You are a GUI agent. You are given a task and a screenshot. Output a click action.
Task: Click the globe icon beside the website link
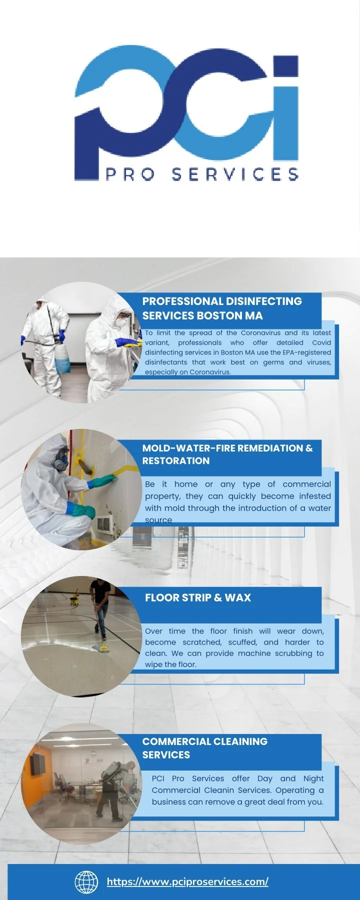(x=86, y=881)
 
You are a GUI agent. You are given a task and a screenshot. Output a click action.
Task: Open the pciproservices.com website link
(x=187, y=881)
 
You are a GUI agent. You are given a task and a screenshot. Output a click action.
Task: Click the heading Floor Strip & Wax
(x=198, y=597)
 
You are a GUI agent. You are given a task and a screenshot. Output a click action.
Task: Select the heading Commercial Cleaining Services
(x=205, y=748)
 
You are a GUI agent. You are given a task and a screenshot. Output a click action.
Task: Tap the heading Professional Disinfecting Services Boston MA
(x=222, y=308)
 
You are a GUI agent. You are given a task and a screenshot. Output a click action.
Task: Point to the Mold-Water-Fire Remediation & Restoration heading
(x=227, y=454)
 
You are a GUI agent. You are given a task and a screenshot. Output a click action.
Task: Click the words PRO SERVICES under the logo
(x=202, y=174)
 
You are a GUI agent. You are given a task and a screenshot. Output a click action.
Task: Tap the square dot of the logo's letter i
(x=285, y=66)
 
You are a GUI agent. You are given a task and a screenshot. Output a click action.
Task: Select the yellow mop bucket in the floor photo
(x=74, y=598)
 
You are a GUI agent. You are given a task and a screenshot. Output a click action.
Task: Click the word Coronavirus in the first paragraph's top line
(x=261, y=332)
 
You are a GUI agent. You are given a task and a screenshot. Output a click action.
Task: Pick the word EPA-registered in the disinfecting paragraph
(x=306, y=352)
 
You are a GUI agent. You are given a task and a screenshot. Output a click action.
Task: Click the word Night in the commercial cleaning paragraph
(x=313, y=778)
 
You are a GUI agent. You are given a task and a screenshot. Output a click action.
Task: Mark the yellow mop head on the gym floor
(x=104, y=648)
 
